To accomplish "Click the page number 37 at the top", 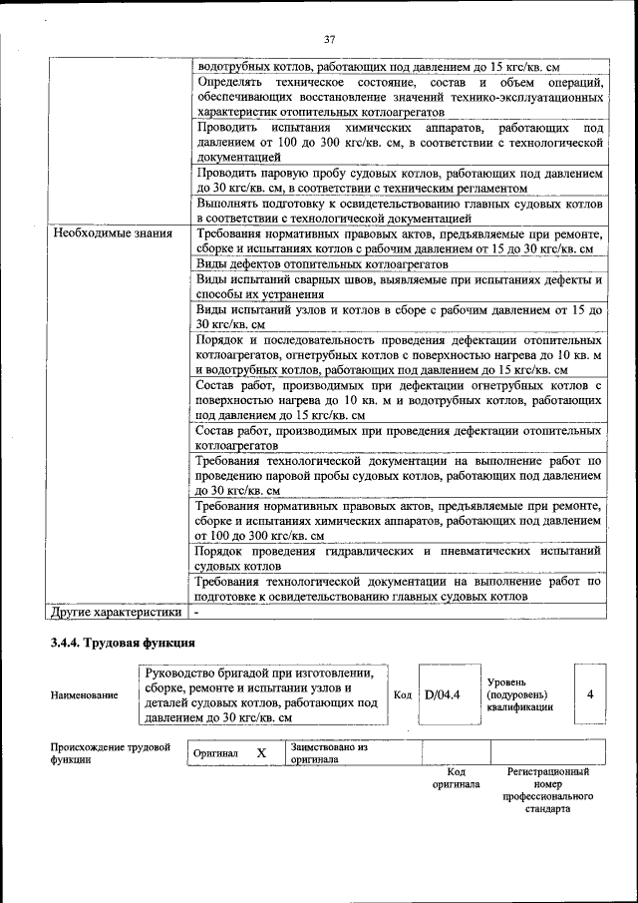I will pyautogui.click(x=329, y=39).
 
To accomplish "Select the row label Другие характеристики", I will pyautogui.click(x=117, y=612).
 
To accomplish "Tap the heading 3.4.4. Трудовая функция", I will pyautogui.click(x=123, y=643).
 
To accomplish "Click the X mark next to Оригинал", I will pyautogui.click(x=261, y=753).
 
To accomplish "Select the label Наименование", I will pyautogui.click(x=84, y=695).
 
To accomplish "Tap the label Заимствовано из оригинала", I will pyautogui.click(x=329, y=752).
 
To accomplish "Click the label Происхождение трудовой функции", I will pyautogui.click(x=111, y=752).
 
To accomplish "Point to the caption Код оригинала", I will pyautogui.click(x=456, y=778).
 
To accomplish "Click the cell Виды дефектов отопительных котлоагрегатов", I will pyautogui.click(x=322, y=264).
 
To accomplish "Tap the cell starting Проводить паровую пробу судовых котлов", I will pyautogui.click(x=399, y=180).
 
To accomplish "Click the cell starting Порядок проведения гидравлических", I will pyautogui.click(x=399, y=558).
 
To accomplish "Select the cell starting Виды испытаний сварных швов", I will pyautogui.click(x=399, y=287).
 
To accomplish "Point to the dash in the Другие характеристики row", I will pyautogui.click(x=197, y=612).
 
